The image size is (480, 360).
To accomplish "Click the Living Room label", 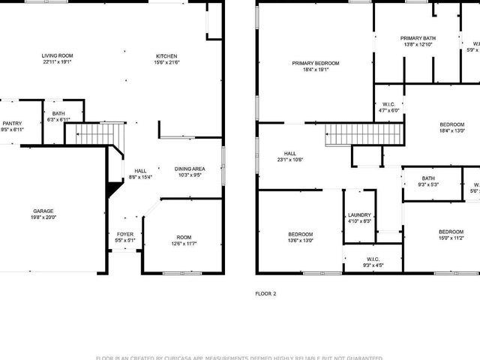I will click(x=56, y=55).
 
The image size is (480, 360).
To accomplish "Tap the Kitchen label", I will click(x=166, y=56).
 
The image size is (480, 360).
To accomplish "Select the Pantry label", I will click(x=11, y=124).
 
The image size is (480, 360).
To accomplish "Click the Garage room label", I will click(x=43, y=211).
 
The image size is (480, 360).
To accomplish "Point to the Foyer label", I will click(x=125, y=234).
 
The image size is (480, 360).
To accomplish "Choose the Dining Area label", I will click(x=190, y=169).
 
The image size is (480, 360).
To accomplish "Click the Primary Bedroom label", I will click(x=316, y=63).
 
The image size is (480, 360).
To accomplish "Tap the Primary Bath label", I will click(x=418, y=38).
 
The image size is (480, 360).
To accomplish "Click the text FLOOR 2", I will click(x=265, y=293).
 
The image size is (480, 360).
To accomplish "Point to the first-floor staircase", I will click(x=94, y=134).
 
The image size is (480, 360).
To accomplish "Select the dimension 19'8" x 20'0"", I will click(x=43, y=217).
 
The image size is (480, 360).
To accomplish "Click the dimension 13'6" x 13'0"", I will click(x=301, y=241).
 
